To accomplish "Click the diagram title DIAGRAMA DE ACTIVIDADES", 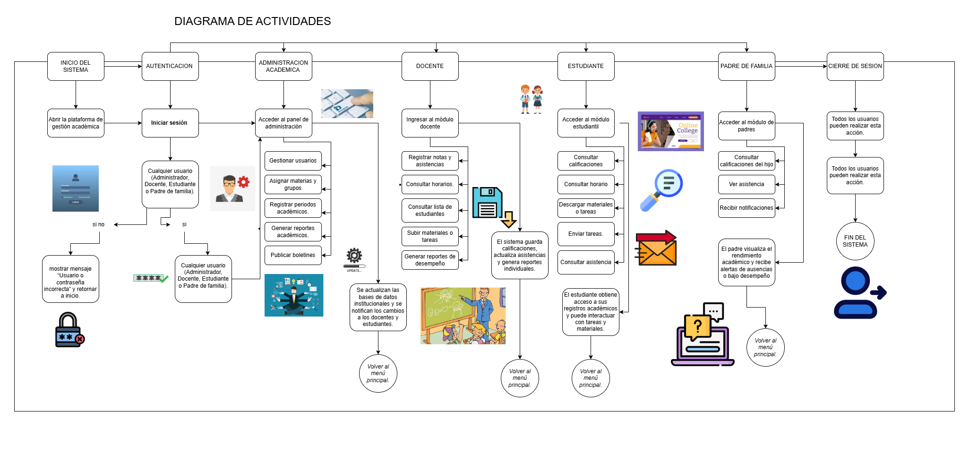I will tap(252, 21).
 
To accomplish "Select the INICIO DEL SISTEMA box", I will tap(76, 66).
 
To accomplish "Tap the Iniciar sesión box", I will tap(170, 123).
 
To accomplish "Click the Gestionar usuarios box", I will tap(293, 161).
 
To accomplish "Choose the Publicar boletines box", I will tap(293, 255).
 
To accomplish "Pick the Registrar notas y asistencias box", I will tap(430, 161).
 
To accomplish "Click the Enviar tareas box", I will tap(586, 234).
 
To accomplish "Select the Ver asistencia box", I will tap(746, 184).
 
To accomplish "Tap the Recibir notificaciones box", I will tap(746, 208).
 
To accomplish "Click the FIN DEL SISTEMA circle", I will tap(855, 241).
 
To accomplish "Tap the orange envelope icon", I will tap(657, 248).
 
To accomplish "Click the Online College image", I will tap(670, 131).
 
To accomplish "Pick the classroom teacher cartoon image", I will tap(463, 316).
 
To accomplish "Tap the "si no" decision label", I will tap(98, 224).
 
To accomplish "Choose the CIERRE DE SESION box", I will tap(855, 66).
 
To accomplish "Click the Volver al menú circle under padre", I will tap(765, 347).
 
